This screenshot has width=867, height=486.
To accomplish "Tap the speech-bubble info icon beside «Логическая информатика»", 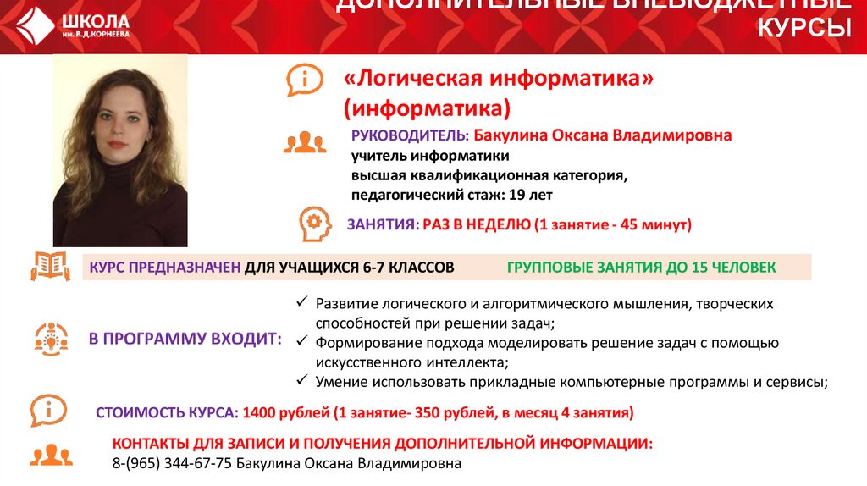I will [305, 81].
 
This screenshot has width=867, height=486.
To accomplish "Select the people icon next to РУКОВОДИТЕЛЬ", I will [304, 142].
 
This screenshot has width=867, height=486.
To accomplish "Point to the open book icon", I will [50, 266].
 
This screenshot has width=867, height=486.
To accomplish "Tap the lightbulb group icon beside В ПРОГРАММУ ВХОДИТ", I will [51, 338].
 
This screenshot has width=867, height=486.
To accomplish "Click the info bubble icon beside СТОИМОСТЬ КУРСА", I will [48, 411].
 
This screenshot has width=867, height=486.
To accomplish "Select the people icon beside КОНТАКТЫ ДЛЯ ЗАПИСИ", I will [51, 454].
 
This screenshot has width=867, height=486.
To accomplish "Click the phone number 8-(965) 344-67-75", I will [172, 463].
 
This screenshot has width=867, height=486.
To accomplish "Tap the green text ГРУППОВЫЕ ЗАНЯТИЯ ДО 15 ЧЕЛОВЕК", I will [641, 268].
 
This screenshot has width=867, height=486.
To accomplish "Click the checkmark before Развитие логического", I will [302, 303].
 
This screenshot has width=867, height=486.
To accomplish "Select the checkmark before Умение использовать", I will [302, 381].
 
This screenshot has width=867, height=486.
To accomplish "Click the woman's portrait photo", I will [120, 151].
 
